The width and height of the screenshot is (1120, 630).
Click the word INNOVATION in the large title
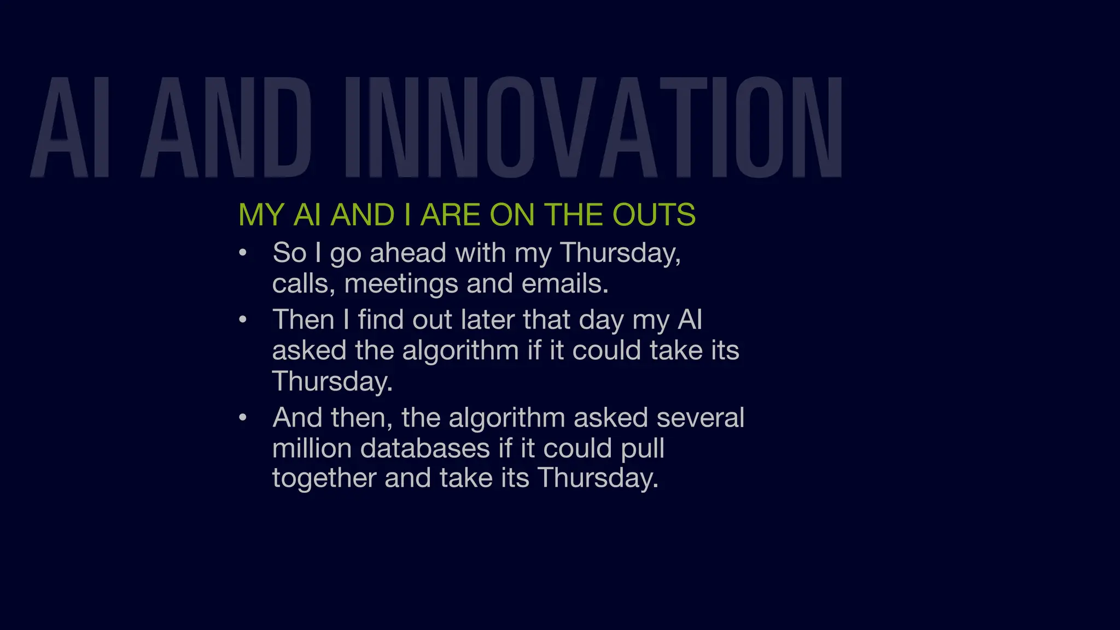click(593, 128)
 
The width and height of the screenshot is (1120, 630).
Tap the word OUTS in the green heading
click(654, 214)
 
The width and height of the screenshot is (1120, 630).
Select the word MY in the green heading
click(261, 214)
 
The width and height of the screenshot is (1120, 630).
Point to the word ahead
click(408, 253)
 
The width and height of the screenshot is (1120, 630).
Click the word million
click(312, 448)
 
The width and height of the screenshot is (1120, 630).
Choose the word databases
click(425, 448)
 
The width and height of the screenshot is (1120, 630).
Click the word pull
click(643, 448)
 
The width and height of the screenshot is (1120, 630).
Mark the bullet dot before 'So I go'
click(243, 253)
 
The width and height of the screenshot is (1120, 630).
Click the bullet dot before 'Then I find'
click(243, 320)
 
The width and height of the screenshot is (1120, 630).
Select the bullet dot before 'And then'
click(243, 418)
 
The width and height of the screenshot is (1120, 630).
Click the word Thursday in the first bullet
click(620, 253)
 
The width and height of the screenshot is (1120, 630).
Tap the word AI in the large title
click(71, 128)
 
